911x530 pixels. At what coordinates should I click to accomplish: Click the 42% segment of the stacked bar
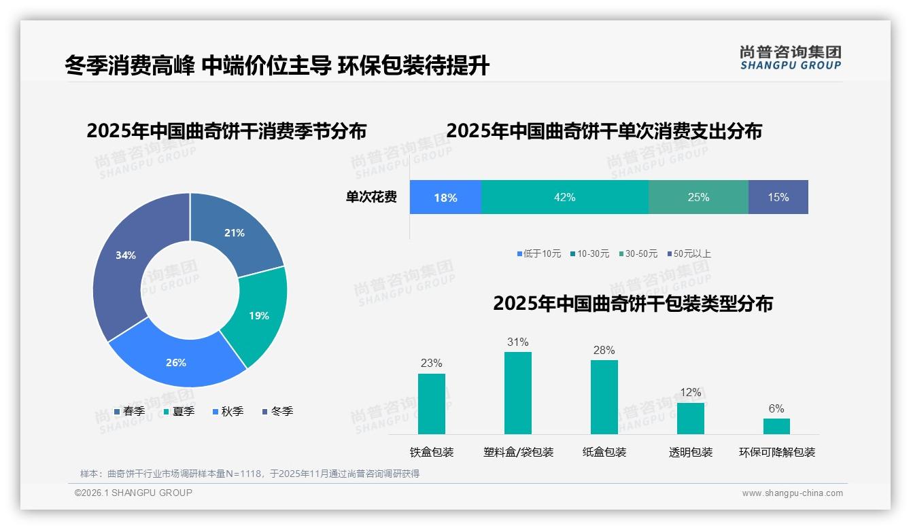pos(564,197)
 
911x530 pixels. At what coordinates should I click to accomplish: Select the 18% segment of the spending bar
pos(445,197)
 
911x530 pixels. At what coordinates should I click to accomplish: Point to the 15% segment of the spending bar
pos(778,197)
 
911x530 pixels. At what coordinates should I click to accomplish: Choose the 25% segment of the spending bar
pos(698,197)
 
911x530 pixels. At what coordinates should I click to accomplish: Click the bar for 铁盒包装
pos(431,404)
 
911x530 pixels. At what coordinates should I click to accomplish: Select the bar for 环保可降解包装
pos(776,426)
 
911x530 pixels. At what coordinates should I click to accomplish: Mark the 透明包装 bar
pos(690,418)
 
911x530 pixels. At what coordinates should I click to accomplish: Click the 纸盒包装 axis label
pos(604,452)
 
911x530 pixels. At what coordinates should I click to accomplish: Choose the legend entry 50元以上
pos(691,253)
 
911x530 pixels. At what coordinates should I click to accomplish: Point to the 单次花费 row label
pos(371,197)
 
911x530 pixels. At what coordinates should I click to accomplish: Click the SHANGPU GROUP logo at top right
pos(790,58)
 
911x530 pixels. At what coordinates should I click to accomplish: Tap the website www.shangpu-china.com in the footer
pos(792,493)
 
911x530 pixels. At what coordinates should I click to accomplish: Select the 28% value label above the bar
pos(603,350)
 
